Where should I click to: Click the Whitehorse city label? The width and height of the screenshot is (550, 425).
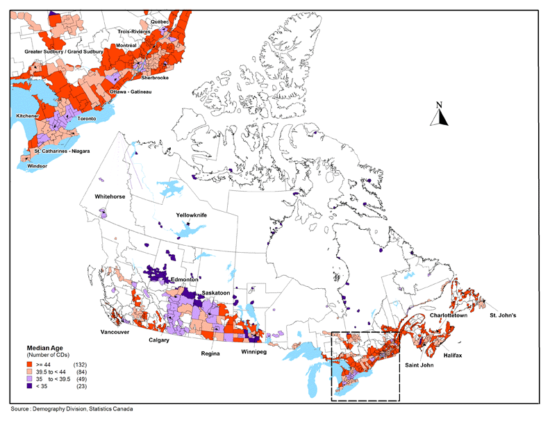(x=110, y=197)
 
